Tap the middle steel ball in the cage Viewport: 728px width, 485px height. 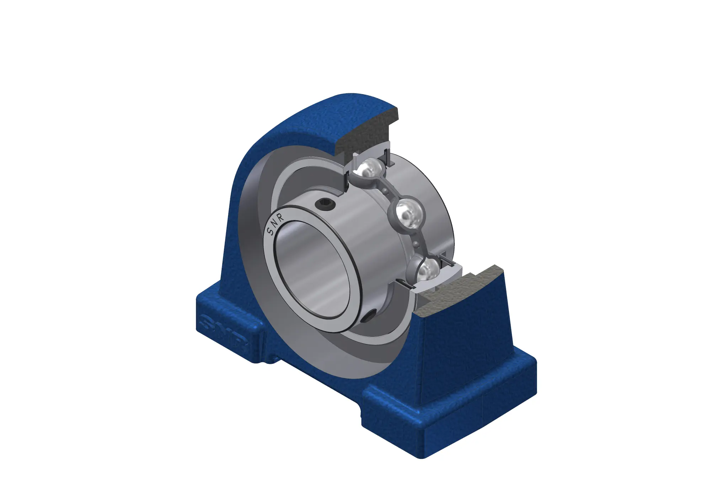tap(409, 214)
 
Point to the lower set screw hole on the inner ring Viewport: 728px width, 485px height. tap(369, 316)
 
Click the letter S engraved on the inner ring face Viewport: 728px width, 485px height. tap(271, 232)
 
